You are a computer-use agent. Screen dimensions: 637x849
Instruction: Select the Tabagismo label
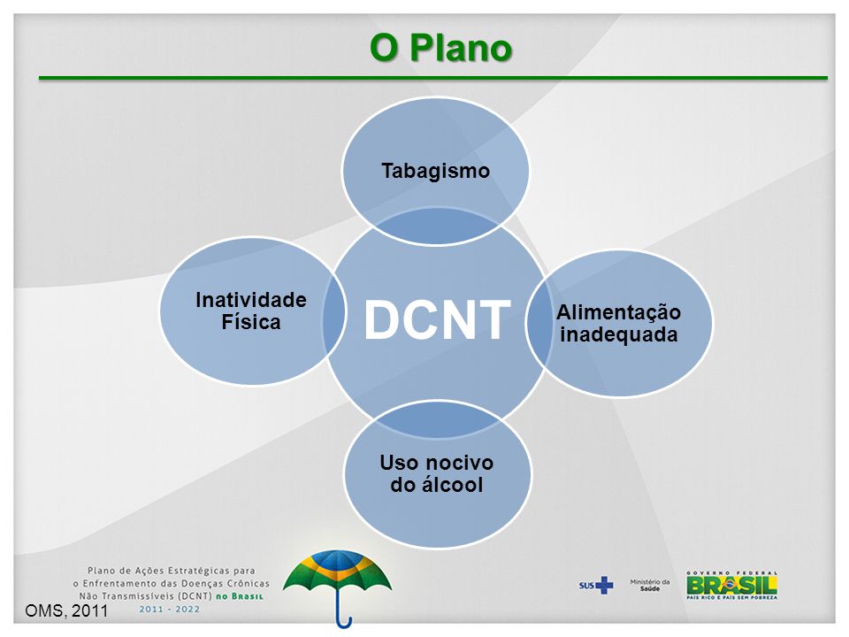pos(435,171)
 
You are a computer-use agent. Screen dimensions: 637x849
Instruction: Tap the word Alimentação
pos(618,313)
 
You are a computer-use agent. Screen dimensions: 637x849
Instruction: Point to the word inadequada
pos(618,334)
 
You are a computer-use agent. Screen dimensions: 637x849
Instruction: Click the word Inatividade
pos(250,301)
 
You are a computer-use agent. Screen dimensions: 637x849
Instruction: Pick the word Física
pos(250,322)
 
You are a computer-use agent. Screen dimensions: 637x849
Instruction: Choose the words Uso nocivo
pos(437,464)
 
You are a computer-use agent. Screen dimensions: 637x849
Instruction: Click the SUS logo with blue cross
pos(596,585)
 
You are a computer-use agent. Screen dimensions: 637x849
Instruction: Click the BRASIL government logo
pos(732,585)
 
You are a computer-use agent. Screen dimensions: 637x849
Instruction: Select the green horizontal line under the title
pos(433,79)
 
